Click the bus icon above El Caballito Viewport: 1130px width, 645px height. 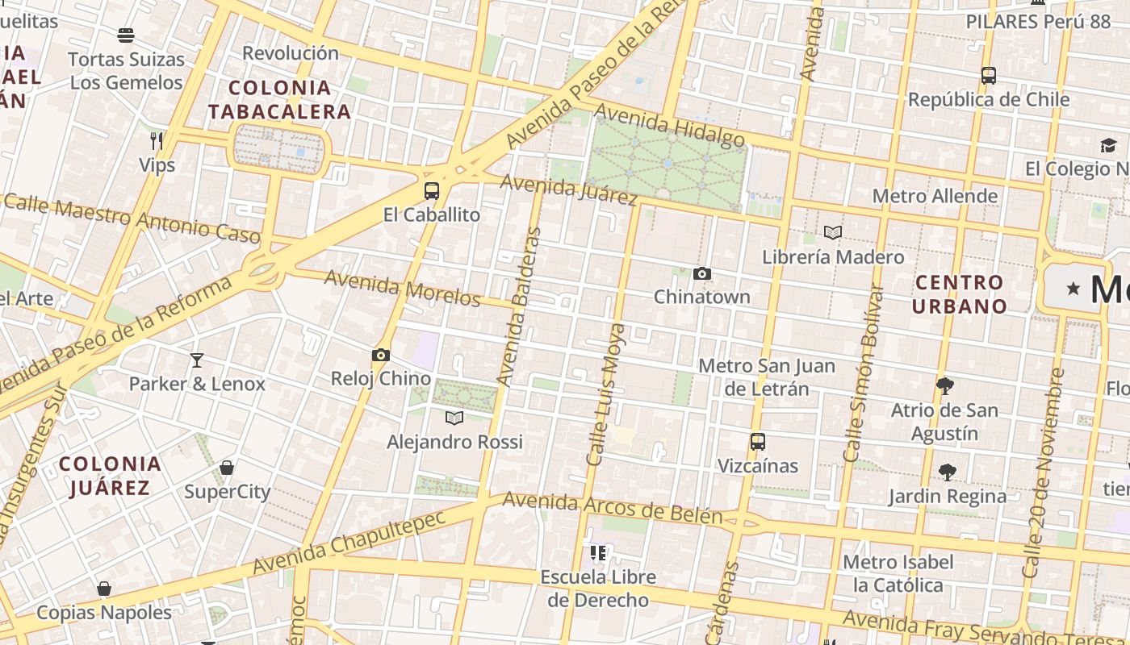[x=432, y=191]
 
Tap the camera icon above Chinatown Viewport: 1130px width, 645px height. [x=702, y=274]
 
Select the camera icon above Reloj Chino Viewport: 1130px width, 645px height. [x=381, y=356]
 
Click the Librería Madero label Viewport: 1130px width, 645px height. [x=833, y=257]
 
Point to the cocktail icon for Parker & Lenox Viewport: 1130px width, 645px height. [x=197, y=360]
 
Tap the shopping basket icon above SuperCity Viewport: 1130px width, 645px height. [x=227, y=468]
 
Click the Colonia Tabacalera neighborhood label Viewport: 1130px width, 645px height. [x=280, y=100]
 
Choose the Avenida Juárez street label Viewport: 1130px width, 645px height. [x=568, y=189]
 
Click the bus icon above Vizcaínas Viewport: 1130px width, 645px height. [x=757, y=442]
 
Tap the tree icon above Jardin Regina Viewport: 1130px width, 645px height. [x=948, y=472]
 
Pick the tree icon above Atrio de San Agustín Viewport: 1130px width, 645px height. [x=945, y=386]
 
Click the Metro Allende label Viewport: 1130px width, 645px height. [x=935, y=196]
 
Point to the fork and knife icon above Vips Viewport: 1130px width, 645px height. [x=157, y=141]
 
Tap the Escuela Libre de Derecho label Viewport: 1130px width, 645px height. [x=598, y=589]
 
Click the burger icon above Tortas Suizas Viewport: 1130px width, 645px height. [x=126, y=35]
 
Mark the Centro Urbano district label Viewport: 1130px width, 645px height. [x=960, y=294]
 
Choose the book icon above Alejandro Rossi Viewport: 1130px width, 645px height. [x=455, y=418]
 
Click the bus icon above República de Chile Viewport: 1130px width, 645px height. [x=989, y=76]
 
